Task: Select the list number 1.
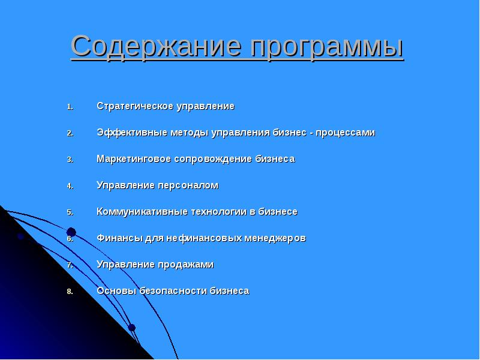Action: tap(70, 107)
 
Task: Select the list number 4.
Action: tap(70, 186)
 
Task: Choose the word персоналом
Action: tap(191, 185)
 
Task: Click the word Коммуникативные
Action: tap(136, 212)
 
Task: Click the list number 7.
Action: tap(70, 265)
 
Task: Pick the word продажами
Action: tap(186, 265)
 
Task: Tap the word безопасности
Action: tap(173, 291)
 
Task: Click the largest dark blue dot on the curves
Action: tap(71, 232)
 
